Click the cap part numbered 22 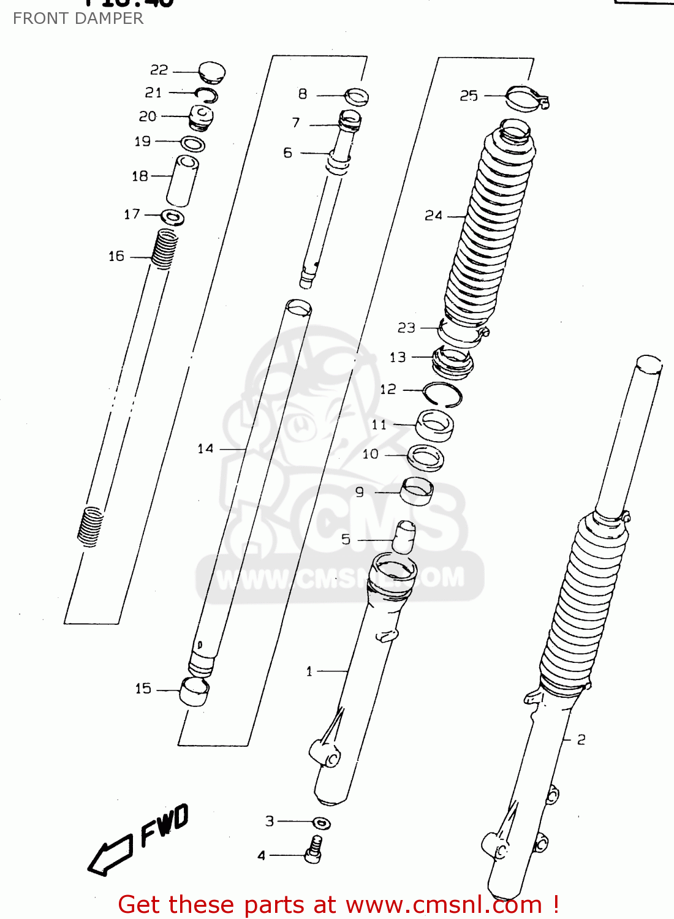click(212, 72)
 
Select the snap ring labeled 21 click(206, 94)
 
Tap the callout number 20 click(148, 116)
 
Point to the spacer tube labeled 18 click(182, 181)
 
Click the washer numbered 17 click(173, 217)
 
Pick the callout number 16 click(116, 256)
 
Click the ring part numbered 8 click(357, 97)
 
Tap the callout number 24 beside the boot click(433, 216)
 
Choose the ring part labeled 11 click(435, 425)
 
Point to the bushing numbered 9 click(417, 491)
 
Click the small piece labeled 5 click(404, 537)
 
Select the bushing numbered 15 click(194, 692)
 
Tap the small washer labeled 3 click(322, 823)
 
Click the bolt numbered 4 click(314, 850)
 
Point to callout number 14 click(205, 449)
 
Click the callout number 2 click(581, 739)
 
